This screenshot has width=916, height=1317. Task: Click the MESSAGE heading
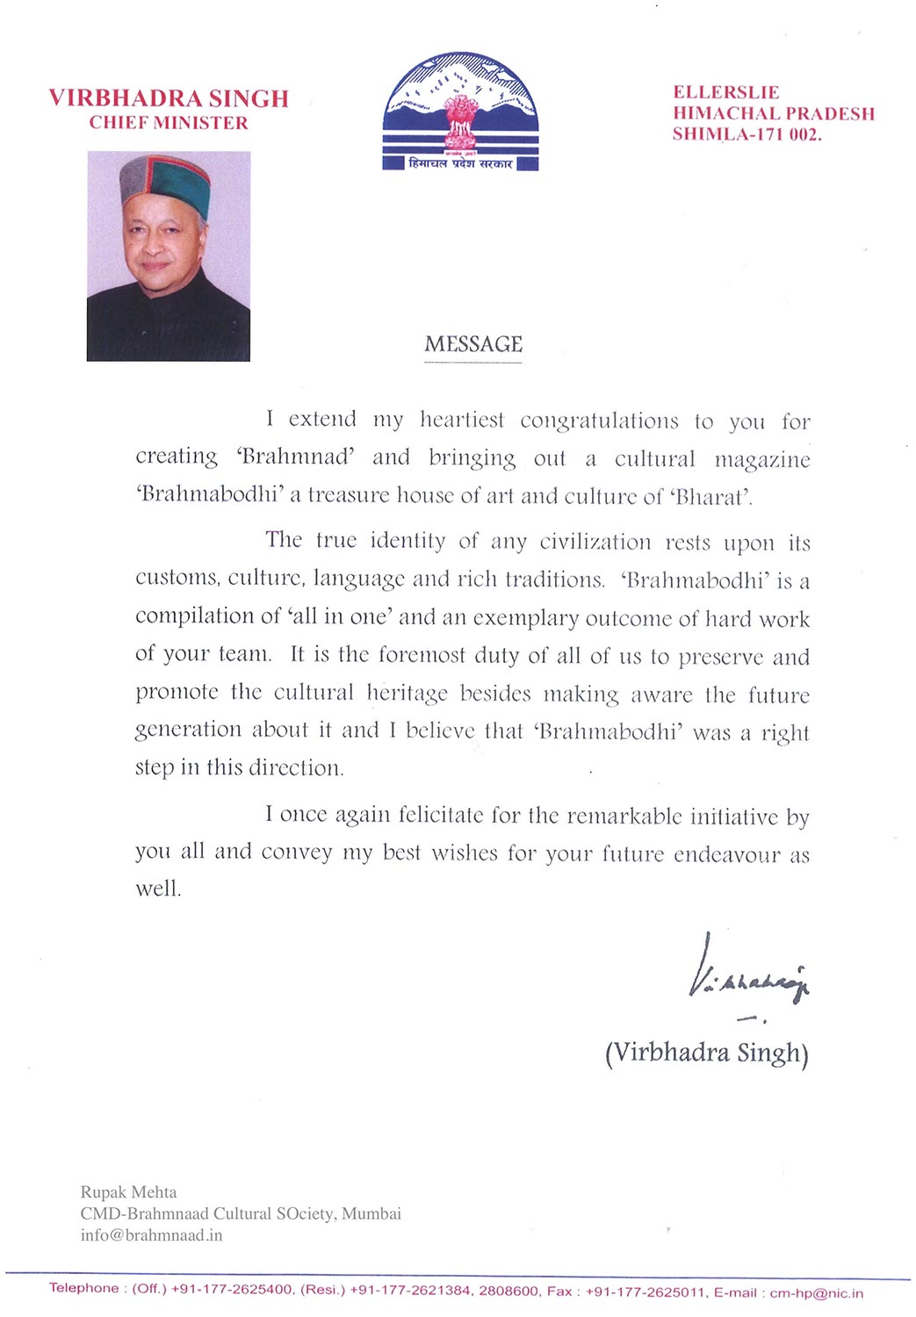tap(473, 344)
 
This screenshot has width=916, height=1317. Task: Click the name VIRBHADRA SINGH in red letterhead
tap(169, 98)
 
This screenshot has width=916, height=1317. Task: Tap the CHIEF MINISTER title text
tap(169, 123)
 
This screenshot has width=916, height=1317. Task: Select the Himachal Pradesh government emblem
tap(460, 112)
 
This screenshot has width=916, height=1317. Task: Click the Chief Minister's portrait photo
tap(169, 256)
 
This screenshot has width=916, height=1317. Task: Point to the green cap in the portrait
tap(167, 184)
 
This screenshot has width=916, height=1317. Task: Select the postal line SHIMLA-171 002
tap(747, 134)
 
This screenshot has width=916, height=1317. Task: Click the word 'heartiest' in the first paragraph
tap(462, 420)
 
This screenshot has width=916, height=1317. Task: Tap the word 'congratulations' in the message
tap(599, 421)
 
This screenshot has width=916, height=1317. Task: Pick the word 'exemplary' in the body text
tap(525, 618)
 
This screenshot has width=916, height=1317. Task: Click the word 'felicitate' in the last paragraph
tap(440, 815)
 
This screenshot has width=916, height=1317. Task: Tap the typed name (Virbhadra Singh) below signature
tap(707, 1052)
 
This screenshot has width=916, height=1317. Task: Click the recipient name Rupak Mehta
tap(129, 1192)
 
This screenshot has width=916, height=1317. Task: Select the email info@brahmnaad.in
tap(151, 1235)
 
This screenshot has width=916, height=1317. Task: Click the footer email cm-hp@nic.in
tap(816, 1292)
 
